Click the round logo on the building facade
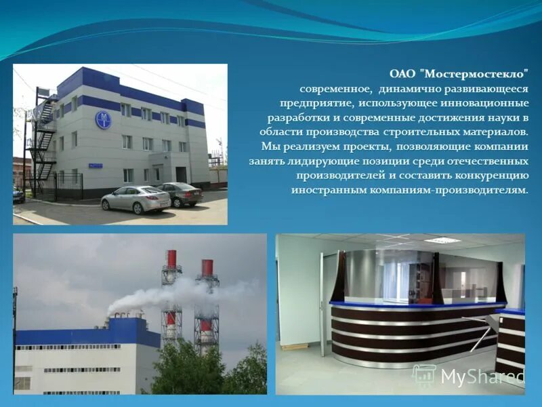pyautogui.click(x=103, y=120)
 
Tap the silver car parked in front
pyautogui.click(x=135, y=199)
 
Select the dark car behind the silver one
pyautogui.click(x=180, y=194)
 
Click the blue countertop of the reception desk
pyautogui.click(x=413, y=305)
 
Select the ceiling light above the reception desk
pyautogui.click(x=442, y=240)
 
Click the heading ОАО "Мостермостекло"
pyautogui.click(x=459, y=74)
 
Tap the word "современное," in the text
pyautogui.click(x=336, y=89)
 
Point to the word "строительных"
pyautogui.click(x=411, y=132)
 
